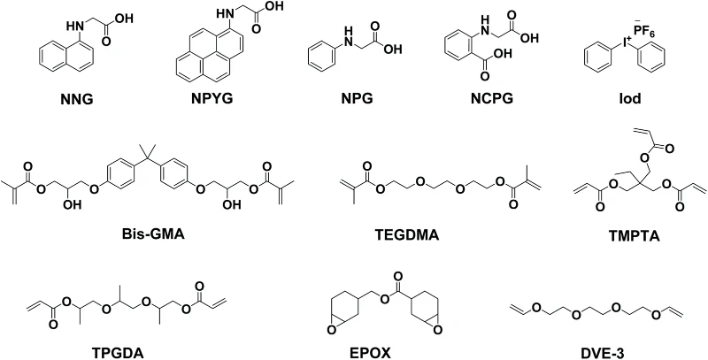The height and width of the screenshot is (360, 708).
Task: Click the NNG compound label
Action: pyautogui.click(x=77, y=99)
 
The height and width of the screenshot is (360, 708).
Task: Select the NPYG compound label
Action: pyautogui.click(x=212, y=98)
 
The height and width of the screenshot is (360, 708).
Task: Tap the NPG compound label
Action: pyautogui.click(x=358, y=98)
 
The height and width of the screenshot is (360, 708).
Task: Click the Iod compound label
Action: pyautogui.click(x=630, y=98)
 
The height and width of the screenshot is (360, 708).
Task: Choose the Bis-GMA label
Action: pyautogui.click(x=153, y=234)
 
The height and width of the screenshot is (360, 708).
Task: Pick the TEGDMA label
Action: pyautogui.click(x=407, y=234)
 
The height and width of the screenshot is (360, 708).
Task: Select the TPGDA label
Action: pyautogui.click(x=118, y=353)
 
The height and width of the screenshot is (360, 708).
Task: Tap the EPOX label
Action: pyautogui.click(x=370, y=353)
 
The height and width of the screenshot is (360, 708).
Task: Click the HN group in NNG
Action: pyautogui.click(x=75, y=27)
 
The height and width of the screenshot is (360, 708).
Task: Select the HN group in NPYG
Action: pyautogui.click(x=226, y=13)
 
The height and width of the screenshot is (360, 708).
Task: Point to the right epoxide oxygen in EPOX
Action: pyautogui.click(x=436, y=332)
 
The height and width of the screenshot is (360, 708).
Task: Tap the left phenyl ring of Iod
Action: pyautogui.click(x=598, y=59)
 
